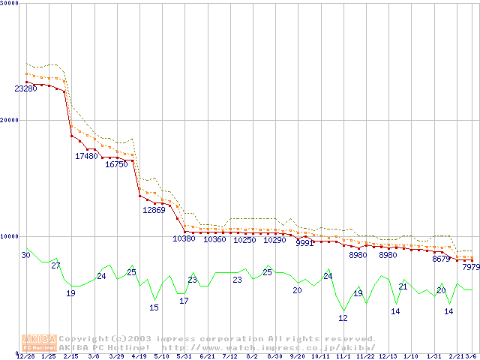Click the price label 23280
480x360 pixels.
click(x=25, y=89)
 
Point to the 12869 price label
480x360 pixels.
click(x=154, y=210)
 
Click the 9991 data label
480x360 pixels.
click(x=304, y=243)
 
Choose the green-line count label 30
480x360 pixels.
click(x=25, y=256)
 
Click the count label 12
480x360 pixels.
click(x=343, y=318)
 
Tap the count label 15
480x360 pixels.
click(x=154, y=307)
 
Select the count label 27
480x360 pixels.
click(x=55, y=265)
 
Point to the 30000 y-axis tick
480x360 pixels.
click(x=9, y=4)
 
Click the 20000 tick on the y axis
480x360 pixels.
click(x=9, y=120)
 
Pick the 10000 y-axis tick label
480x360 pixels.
click(x=9, y=236)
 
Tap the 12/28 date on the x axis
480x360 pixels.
click(x=25, y=356)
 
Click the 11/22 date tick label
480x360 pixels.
click(x=365, y=356)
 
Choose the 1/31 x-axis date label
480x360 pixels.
click(x=433, y=356)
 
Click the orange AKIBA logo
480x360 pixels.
click(x=39, y=343)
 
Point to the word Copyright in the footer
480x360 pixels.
click(x=84, y=338)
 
